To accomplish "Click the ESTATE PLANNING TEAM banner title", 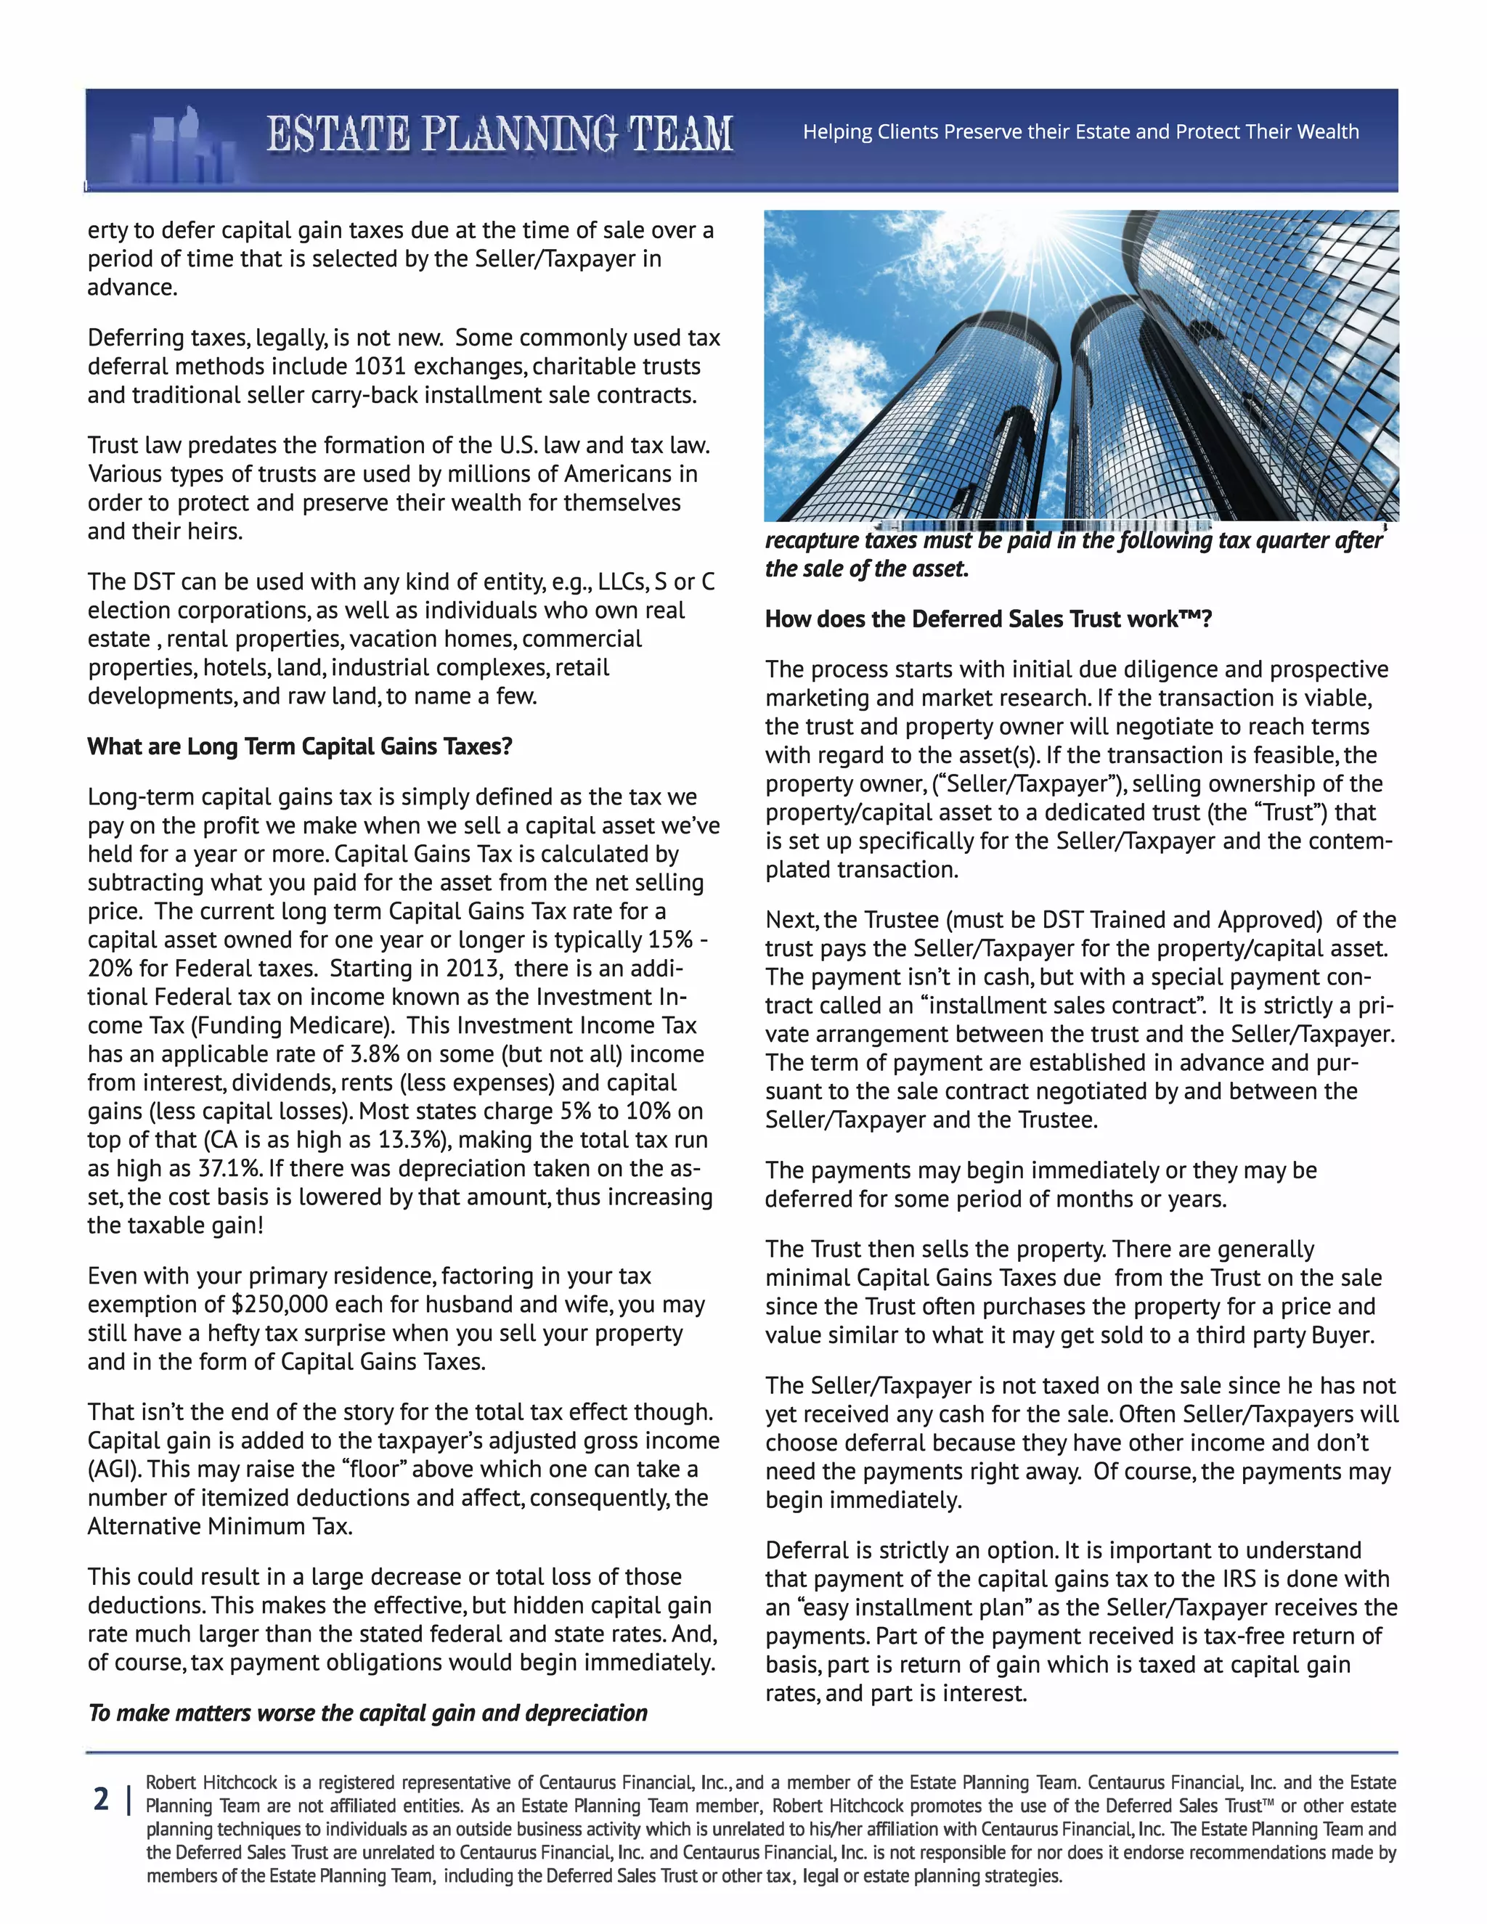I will click(x=500, y=135).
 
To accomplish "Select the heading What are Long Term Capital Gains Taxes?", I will click(x=300, y=747).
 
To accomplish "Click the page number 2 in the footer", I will click(x=102, y=1800).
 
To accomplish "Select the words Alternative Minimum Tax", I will click(x=219, y=1527).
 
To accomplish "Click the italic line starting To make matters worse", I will click(x=367, y=1713).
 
